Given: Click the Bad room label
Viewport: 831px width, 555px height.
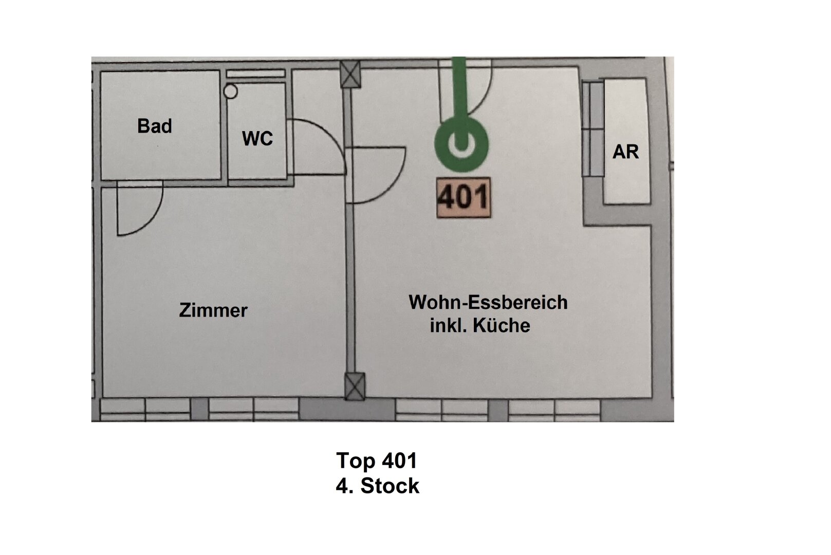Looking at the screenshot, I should click(x=154, y=126).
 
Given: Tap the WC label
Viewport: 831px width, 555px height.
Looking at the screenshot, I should click(x=257, y=139).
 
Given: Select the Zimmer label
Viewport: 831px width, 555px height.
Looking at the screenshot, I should click(x=213, y=310).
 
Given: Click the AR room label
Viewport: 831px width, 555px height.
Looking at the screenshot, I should click(x=625, y=152).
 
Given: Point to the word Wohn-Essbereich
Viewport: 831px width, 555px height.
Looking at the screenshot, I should click(x=488, y=302).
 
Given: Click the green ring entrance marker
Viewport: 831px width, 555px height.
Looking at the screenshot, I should click(x=461, y=144).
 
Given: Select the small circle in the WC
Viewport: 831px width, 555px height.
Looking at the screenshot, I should click(x=231, y=92).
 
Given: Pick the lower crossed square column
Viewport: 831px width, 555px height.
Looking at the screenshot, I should click(x=354, y=386).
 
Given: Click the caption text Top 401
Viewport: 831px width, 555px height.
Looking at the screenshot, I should click(x=376, y=460).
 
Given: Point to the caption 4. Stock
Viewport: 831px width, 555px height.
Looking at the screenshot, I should click(x=377, y=486).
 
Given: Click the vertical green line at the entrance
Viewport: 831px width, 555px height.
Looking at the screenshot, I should click(x=459, y=87).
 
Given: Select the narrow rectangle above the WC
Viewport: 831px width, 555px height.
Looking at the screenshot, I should click(x=256, y=74).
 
